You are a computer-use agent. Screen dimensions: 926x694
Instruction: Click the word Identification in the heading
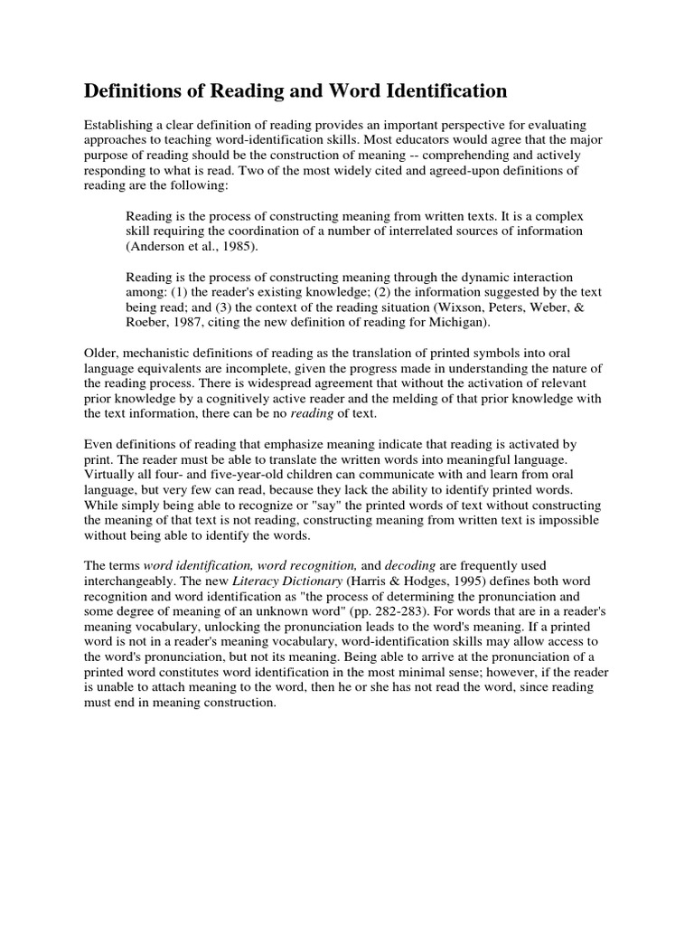(443, 91)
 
